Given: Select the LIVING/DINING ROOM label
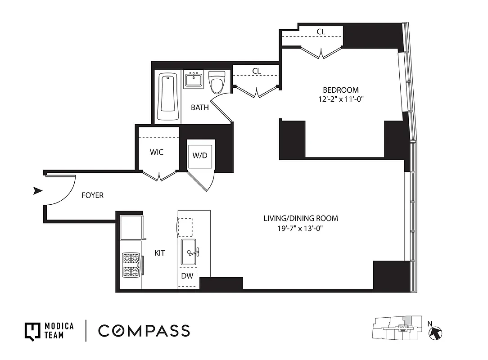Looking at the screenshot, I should (x=301, y=219).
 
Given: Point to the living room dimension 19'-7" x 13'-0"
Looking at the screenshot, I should (x=301, y=229).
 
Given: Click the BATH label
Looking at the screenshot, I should (x=199, y=108).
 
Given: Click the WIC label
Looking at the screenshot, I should (x=156, y=153).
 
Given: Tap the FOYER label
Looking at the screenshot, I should (x=92, y=195).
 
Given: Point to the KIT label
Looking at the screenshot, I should (x=159, y=253).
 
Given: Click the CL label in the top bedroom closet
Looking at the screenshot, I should (x=321, y=31).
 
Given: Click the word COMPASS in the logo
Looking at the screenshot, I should (x=144, y=331).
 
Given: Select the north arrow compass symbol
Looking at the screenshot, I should (x=436, y=333).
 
